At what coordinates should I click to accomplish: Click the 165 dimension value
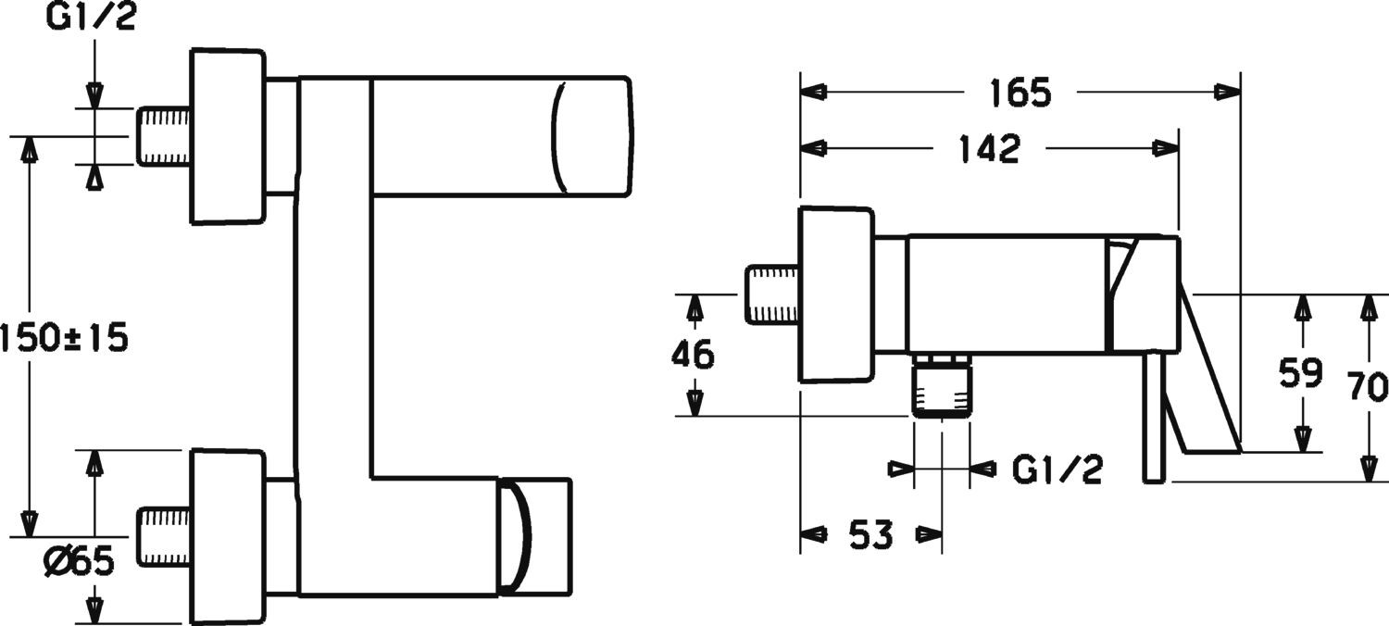[x=1020, y=93]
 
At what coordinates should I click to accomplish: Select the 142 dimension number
[x=990, y=149]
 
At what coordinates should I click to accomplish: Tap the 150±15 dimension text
[x=64, y=338]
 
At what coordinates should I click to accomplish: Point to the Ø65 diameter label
[x=80, y=562]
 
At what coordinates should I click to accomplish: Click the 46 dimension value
[x=693, y=355]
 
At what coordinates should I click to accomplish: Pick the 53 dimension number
[x=871, y=534]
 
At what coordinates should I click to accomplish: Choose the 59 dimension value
[x=1301, y=373]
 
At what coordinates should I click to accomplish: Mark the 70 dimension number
[x=1368, y=386]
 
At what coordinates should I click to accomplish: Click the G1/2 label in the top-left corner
[x=91, y=19]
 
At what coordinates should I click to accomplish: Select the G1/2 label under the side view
[x=1057, y=469]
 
